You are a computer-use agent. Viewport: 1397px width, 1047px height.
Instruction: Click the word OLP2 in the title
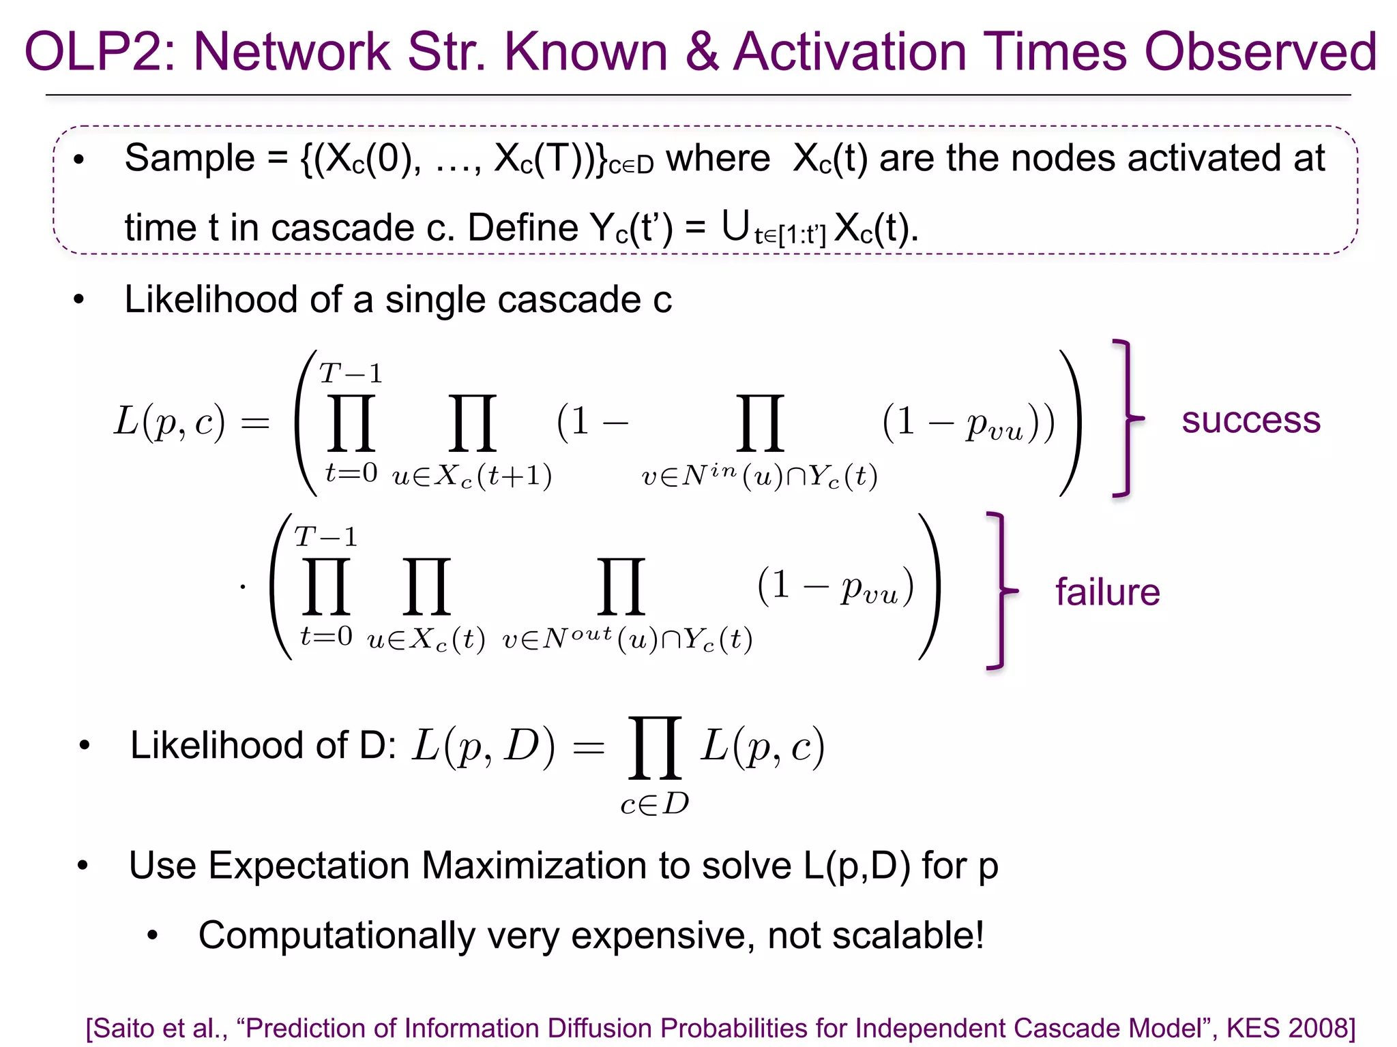pyautogui.click(x=100, y=52)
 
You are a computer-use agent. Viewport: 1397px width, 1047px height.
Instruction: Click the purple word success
pyautogui.click(x=1250, y=420)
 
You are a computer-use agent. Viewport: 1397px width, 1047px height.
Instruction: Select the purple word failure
pyautogui.click(x=1108, y=592)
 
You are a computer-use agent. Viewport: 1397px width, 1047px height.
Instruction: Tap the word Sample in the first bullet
pyautogui.click(x=190, y=158)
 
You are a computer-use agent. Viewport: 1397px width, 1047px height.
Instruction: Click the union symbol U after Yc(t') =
pyautogui.click(x=735, y=226)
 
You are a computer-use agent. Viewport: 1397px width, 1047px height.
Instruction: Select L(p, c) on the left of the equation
pyautogui.click(x=169, y=421)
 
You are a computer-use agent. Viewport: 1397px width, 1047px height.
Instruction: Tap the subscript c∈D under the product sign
pyautogui.click(x=654, y=804)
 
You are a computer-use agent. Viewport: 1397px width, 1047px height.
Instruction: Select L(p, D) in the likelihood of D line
pyautogui.click(x=483, y=746)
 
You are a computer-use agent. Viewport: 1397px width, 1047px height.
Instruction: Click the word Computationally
pyautogui.click(x=336, y=935)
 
